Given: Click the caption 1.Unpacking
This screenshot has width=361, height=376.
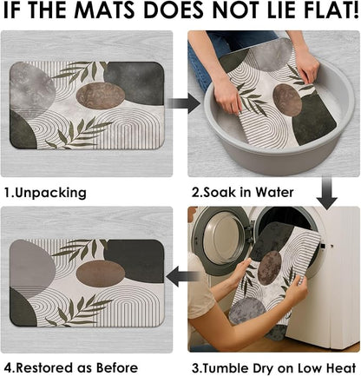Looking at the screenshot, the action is click(45, 193).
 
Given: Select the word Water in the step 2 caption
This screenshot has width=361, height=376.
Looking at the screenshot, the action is click(275, 192).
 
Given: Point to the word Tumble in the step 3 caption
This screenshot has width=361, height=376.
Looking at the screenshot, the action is click(227, 368).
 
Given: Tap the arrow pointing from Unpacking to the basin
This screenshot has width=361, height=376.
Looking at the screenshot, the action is click(183, 103).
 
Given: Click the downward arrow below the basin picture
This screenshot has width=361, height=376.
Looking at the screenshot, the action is click(326, 193).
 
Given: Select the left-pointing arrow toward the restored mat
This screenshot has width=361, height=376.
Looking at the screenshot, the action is click(183, 277).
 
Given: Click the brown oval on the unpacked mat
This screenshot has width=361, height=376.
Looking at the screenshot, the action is click(101, 96).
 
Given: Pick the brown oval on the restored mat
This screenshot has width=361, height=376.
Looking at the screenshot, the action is click(101, 273).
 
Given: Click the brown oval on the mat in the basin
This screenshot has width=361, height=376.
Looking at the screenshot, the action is click(287, 100).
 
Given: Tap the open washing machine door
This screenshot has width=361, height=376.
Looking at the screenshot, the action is click(220, 237).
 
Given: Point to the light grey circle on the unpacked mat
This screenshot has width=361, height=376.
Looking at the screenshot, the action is click(32, 89).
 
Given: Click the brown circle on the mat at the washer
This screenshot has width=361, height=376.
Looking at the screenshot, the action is click(269, 267).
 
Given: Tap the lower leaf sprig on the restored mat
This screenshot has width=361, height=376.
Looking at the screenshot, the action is click(79, 310).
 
